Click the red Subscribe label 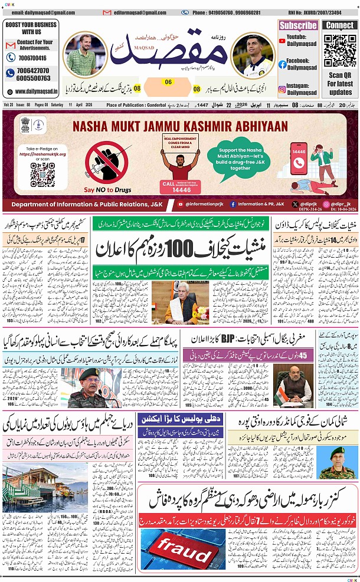pos(298,25)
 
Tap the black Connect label pos(340,25)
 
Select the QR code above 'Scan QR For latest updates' pos(340,52)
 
